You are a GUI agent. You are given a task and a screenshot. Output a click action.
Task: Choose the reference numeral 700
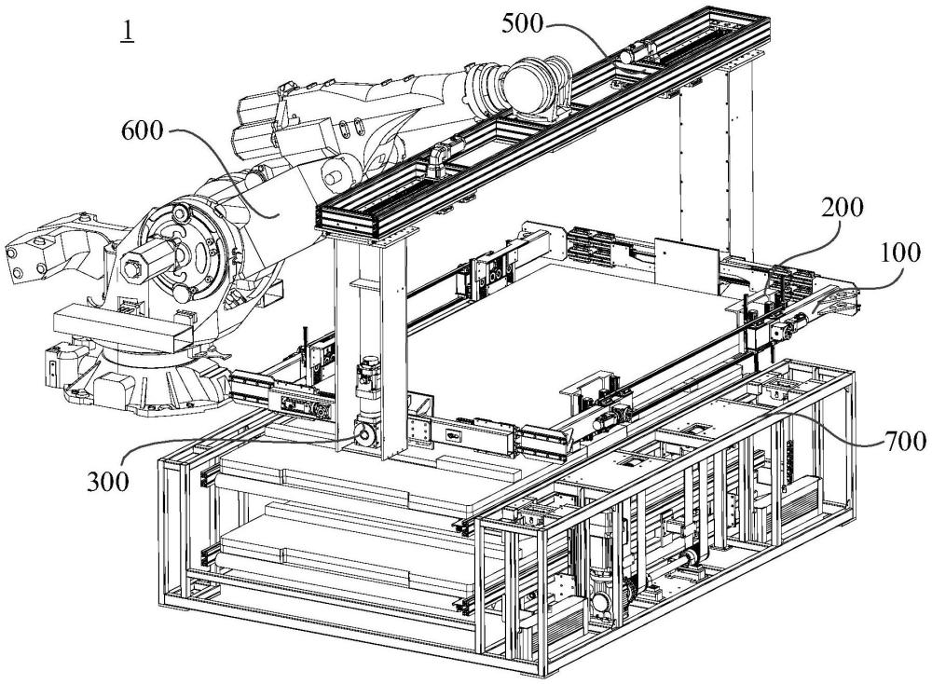point(902,438)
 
